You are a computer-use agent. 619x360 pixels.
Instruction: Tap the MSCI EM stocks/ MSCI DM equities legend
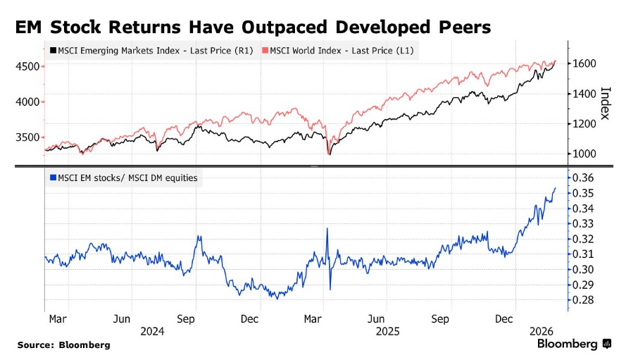[x=123, y=178]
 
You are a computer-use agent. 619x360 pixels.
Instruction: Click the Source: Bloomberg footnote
[x=64, y=345]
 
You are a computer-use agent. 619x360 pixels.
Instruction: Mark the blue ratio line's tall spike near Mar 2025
[x=327, y=229]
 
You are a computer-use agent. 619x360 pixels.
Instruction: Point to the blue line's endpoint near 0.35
[x=556, y=188]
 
